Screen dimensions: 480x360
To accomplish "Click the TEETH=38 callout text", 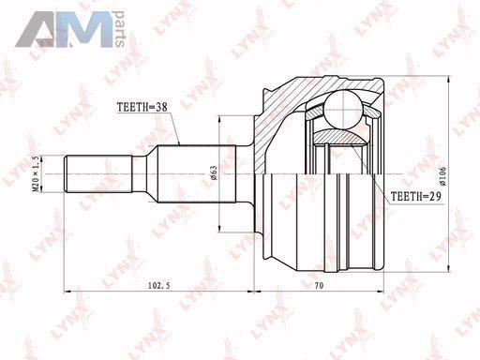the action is pyautogui.click(x=142, y=107).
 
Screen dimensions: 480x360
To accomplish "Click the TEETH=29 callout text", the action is pyautogui.click(x=416, y=196).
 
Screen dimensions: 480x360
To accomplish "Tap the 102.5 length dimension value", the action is pyautogui.click(x=159, y=285).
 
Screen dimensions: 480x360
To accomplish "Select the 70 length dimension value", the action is pyautogui.click(x=319, y=285).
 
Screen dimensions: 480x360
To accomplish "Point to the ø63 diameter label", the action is pyautogui.click(x=214, y=172).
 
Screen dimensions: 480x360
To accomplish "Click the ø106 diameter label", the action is pyautogui.click(x=442, y=176).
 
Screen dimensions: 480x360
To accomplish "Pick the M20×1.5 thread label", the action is pyautogui.click(x=36, y=173).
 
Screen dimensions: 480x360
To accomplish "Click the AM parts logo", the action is pyautogui.click(x=70, y=29).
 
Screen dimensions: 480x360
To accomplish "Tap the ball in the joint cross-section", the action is pyautogui.click(x=343, y=110).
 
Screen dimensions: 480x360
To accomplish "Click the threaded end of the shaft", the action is pyautogui.click(x=98, y=173).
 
